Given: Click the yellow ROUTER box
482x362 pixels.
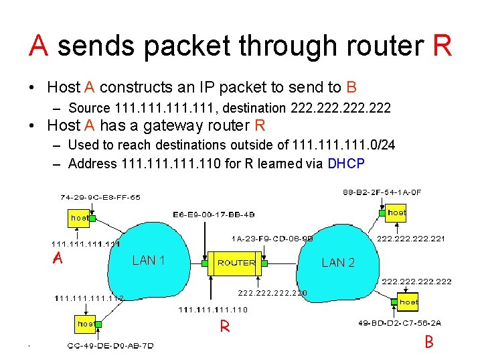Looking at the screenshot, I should click(236, 263).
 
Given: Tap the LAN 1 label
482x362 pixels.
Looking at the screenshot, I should click(149, 260).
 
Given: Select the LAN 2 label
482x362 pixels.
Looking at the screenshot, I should click(338, 263).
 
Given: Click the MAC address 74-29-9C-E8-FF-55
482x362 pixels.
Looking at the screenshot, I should click(100, 198).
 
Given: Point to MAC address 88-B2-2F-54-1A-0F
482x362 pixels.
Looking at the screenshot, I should click(382, 192).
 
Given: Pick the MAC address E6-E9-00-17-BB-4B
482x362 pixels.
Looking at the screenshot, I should click(214, 215).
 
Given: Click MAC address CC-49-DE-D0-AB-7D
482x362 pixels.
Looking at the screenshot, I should click(110, 346).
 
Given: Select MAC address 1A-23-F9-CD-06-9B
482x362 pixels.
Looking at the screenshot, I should click(272, 238).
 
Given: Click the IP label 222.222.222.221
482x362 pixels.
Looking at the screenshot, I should click(411, 238).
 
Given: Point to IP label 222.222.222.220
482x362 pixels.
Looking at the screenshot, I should click(273, 292).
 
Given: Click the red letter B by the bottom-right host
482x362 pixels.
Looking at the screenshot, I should click(429, 342).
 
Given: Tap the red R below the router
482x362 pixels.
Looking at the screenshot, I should click(226, 326).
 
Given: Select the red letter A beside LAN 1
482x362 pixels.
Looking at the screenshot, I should click(58, 259).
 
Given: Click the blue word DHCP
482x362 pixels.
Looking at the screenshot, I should click(346, 163).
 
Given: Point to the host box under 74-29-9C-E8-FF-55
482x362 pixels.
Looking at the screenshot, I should click(80, 218).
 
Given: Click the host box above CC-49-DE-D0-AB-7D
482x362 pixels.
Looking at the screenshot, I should click(86, 324).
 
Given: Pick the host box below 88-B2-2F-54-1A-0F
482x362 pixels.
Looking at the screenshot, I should click(396, 213).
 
